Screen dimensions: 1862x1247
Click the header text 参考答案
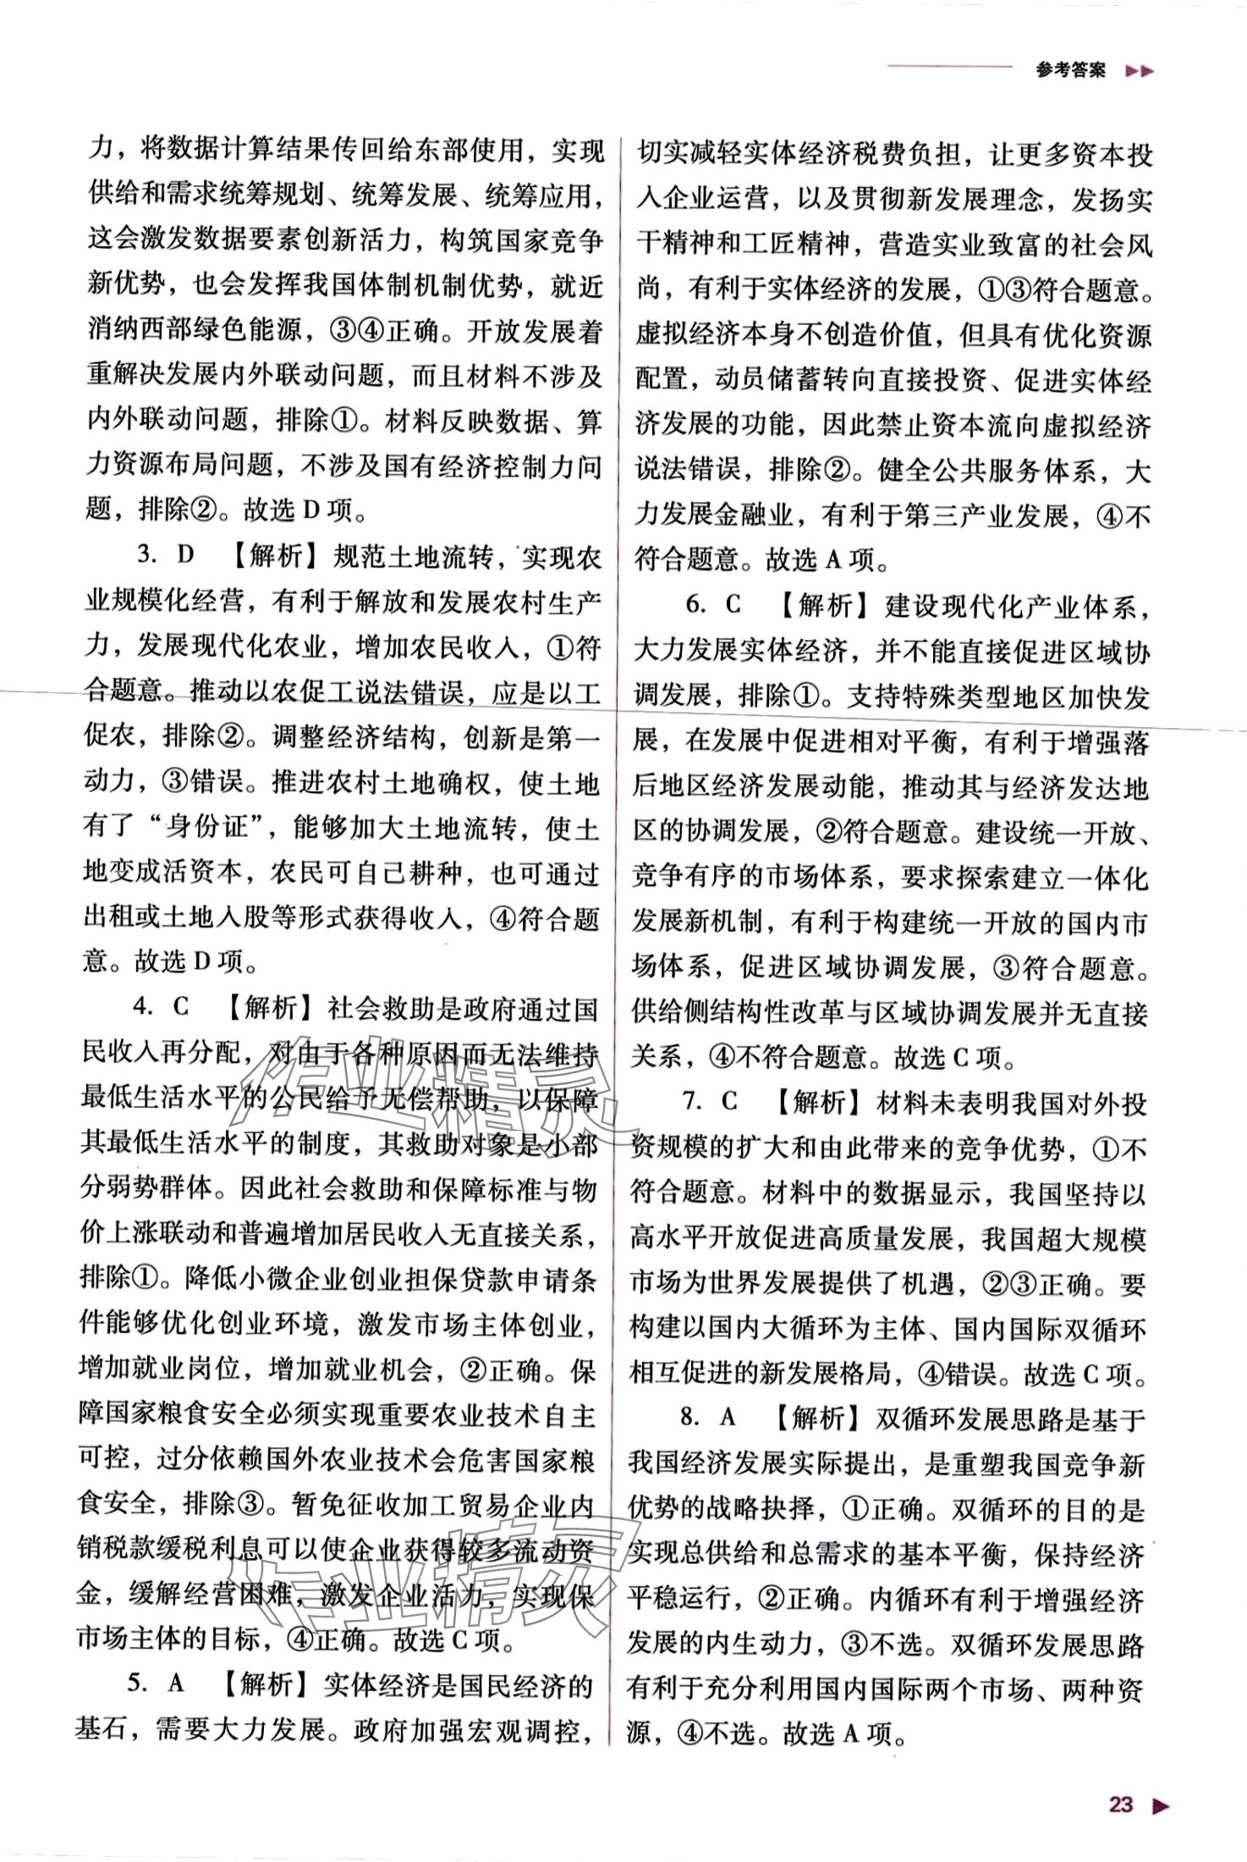tap(1070, 71)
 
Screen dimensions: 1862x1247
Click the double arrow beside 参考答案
tap(1140, 72)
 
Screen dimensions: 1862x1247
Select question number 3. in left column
tap(149, 555)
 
